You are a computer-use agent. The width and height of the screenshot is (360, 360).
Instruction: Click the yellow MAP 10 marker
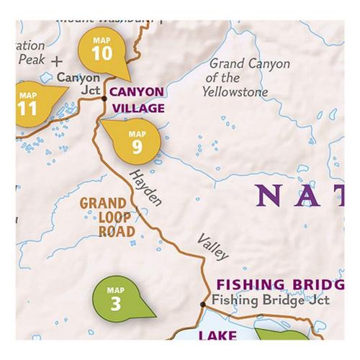(x=103, y=49)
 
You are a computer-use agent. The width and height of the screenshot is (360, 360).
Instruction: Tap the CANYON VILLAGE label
(x=137, y=101)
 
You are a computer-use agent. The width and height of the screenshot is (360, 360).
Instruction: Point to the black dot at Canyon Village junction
(x=104, y=97)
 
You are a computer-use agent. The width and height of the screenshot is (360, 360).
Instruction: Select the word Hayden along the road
(x=145, y=189)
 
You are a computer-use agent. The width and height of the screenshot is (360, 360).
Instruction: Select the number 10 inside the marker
(x=102, y=53)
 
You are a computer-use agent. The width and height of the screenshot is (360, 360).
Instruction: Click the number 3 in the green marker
(x=116, y=302)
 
